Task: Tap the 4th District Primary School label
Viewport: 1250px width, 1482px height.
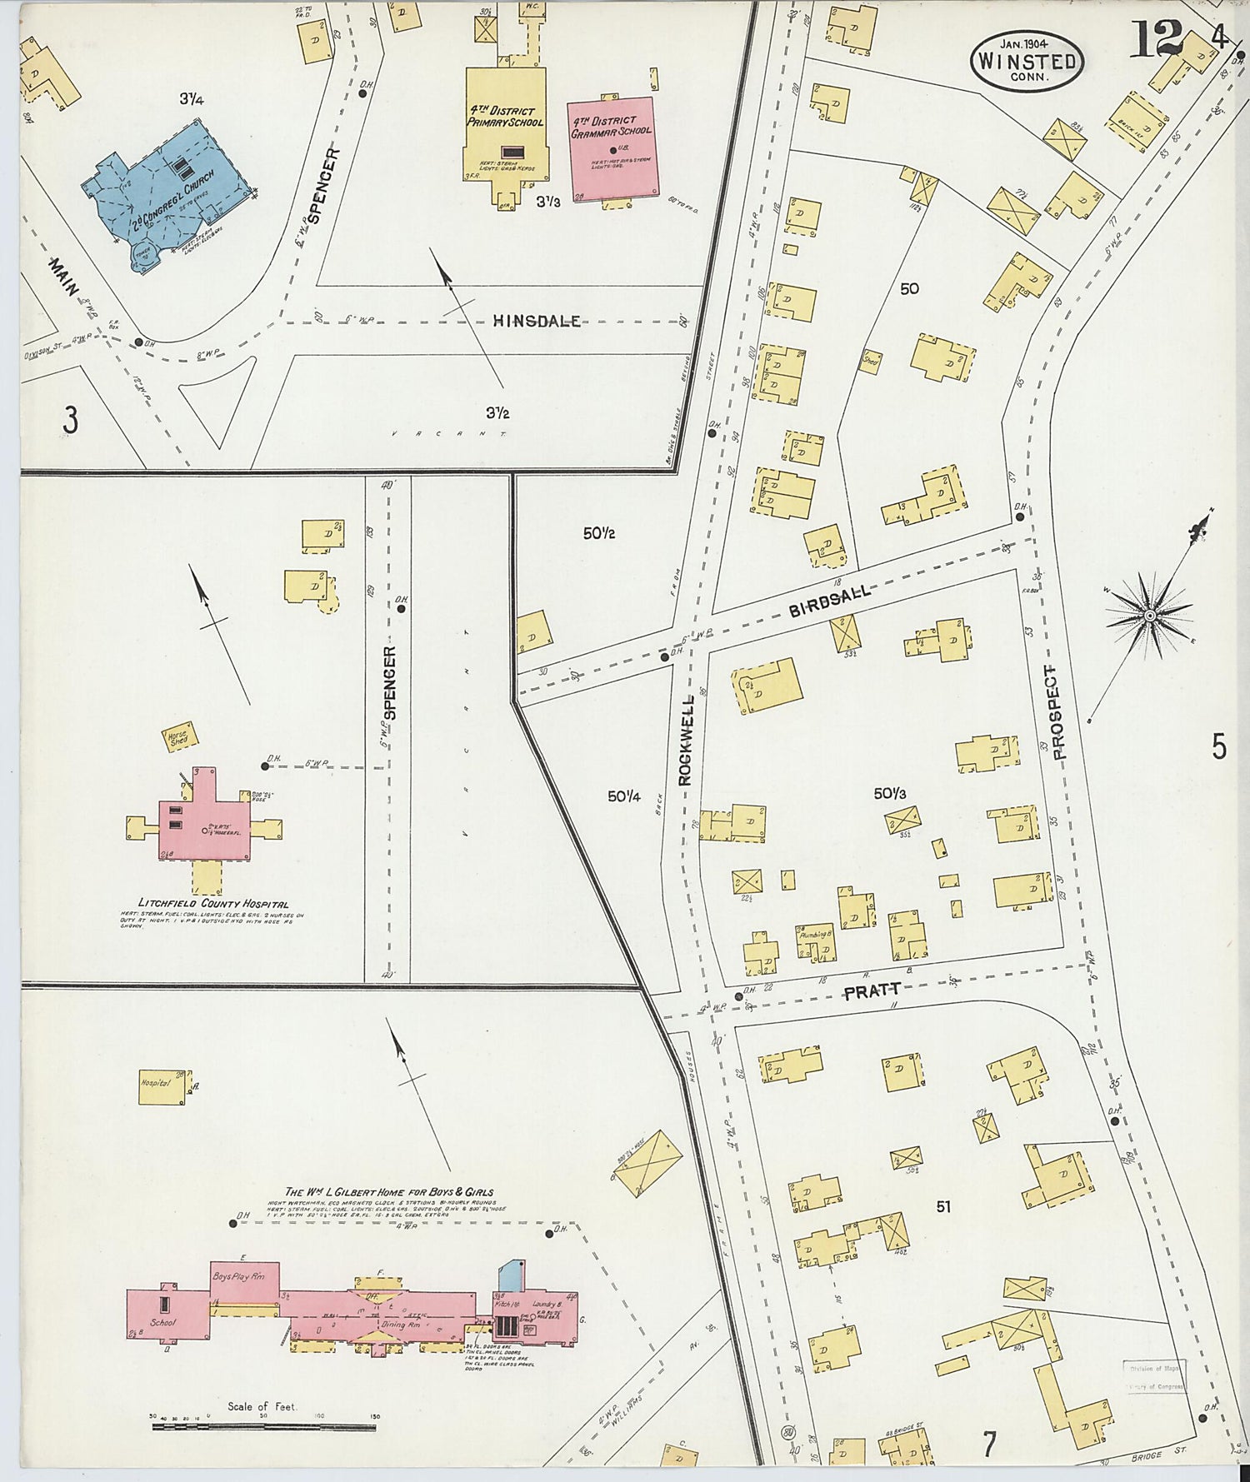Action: click(x=506, y=117)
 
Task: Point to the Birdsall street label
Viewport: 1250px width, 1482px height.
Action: click(x=829, y=601)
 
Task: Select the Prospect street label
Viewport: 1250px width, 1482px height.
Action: click(x=1060, y=712)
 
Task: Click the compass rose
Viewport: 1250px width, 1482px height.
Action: click(x=1150, y=615)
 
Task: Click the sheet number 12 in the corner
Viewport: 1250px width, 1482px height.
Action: click(x=1156, y=38)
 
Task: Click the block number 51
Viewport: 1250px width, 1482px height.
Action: click(x=943, y=1205)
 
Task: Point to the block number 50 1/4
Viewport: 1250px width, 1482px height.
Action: click(x=623, y=796)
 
